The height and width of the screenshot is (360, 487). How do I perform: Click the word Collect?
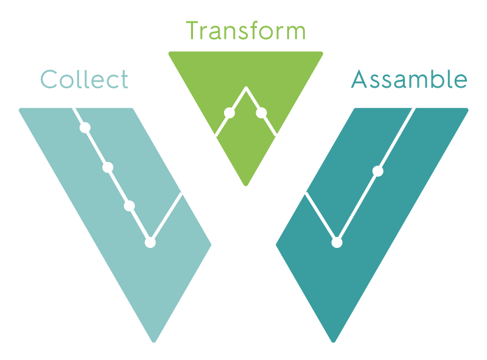pos(84,80)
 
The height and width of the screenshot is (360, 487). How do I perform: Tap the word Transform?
pos(245,30)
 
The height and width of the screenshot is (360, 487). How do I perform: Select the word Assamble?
pos(409,80)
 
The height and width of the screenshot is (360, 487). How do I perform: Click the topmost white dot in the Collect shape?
pos(85,127)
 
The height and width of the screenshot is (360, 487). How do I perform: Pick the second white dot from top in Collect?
pos(108,168)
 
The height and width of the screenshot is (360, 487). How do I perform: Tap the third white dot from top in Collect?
pos(129,206)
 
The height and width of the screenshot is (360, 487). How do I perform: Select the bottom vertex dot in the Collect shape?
pos(150,242)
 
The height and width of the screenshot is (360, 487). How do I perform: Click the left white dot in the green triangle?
pos(229,113)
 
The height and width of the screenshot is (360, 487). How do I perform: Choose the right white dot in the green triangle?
pos(262,113)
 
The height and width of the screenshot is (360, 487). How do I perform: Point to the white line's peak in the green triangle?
pos(246,88)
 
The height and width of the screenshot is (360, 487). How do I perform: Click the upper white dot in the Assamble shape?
pos(377,171)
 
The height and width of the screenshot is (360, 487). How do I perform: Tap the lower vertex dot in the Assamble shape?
pos(337,242)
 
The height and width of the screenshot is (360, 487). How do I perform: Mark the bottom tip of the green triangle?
pos(246,184)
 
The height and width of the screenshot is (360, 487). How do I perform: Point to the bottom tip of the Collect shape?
pos(154,341)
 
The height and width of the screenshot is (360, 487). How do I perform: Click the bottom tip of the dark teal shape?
pos(333,341)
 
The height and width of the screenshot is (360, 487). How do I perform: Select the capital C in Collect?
pos(48,80)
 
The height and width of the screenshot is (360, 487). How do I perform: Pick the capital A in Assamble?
pos(360,80)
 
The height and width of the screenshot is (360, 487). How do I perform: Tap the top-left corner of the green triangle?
pos(170,54)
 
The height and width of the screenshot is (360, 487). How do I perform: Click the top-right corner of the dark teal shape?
pos(466,110)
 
